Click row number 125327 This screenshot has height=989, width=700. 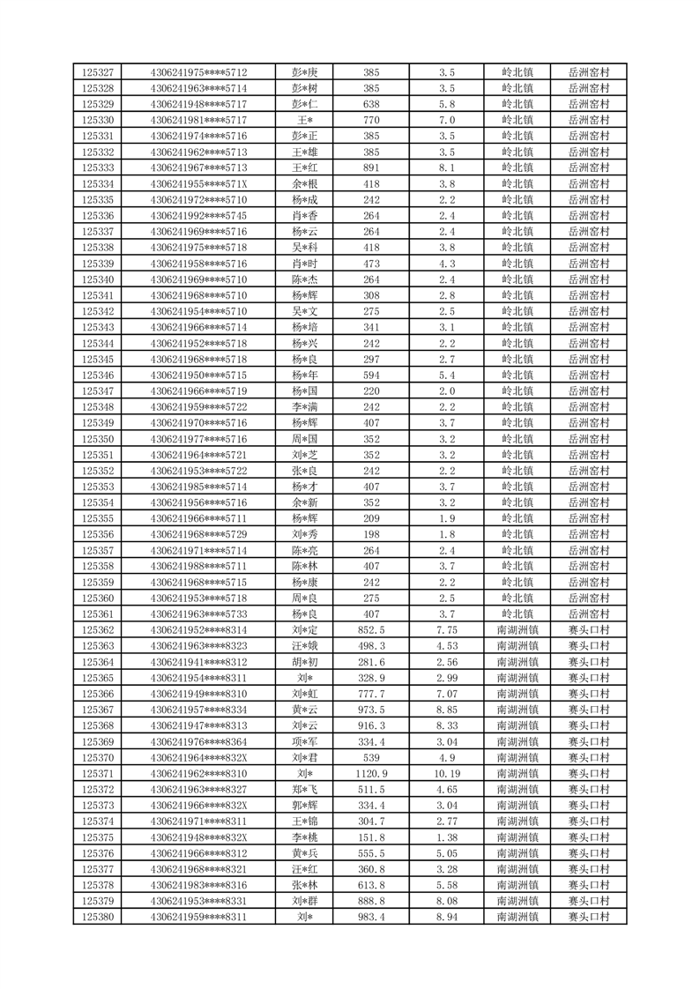(x=97, y=72)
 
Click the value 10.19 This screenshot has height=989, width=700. (x=446, y=773)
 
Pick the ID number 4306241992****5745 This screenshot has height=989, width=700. (x=198, y=216)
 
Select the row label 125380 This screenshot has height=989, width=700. (x=97, y=917)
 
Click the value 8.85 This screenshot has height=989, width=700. (x=446, y=710)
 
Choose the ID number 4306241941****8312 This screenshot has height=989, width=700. (x=198, y=662)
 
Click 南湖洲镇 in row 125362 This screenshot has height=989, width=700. (x=517, y=630)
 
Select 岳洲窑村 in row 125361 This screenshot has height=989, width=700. (x=588, y=614)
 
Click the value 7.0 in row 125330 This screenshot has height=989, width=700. (x=446, y=120)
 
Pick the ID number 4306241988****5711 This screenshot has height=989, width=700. (x=198, y=566)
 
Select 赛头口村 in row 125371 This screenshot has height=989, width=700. (x=588, y=773)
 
